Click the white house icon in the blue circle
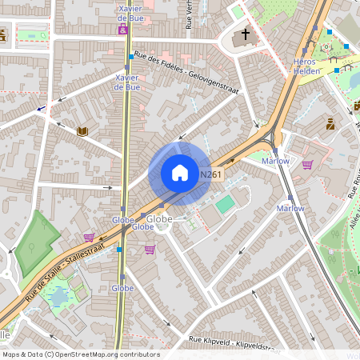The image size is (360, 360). coord(180,173)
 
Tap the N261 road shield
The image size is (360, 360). coord(210,174)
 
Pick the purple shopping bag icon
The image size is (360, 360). coord(123,30)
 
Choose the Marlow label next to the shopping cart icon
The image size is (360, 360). coord(275,161)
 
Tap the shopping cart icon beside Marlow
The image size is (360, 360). coord(307,165)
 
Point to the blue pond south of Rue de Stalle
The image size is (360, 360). coord(58,298)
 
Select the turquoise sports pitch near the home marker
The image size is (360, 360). coord(225,204)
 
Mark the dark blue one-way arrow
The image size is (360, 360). coord(41,108)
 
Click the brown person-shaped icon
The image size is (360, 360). coord(330,124)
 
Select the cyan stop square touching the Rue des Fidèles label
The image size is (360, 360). coord(131,57)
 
